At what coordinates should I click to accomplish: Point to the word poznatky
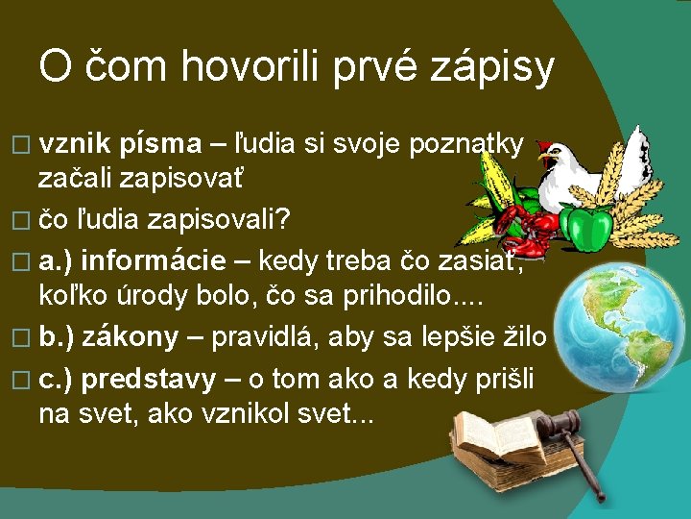pos(466,144)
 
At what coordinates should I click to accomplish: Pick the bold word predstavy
pos(148,380)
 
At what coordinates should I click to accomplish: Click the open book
pos(493,437)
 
